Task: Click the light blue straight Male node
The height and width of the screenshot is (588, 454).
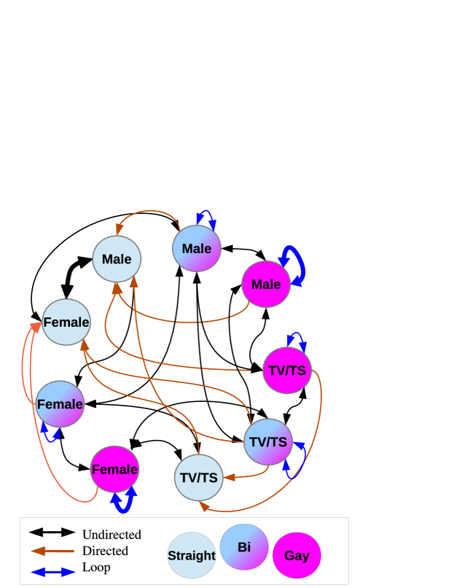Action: coord(117,259)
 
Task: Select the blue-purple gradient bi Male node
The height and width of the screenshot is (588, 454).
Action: coord(197,248)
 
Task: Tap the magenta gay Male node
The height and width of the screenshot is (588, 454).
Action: coord(266,285)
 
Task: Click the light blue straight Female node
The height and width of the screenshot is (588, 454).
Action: coord(66,322)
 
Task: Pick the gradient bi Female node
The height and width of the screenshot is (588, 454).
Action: coord(60,404)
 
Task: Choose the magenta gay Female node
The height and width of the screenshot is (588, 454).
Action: coord(114,469)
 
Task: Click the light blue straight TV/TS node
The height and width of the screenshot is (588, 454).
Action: coord(198,478)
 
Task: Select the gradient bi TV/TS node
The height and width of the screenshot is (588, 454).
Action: coord(268,442)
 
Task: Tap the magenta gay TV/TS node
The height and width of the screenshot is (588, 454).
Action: coord(287,370)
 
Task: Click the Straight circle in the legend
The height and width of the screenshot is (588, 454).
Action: coord(192,555)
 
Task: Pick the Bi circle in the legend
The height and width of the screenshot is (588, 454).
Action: coord(244,547)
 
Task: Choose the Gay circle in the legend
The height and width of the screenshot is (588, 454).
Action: coord(297,555)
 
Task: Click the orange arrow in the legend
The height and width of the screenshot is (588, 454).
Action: coord(52,551)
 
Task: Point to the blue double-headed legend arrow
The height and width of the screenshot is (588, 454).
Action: coord(53,572)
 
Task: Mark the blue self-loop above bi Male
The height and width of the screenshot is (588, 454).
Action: coord(207,217)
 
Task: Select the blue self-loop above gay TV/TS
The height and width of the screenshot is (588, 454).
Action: coord(297,339)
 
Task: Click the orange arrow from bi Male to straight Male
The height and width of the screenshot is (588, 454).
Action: coord(149,212)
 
